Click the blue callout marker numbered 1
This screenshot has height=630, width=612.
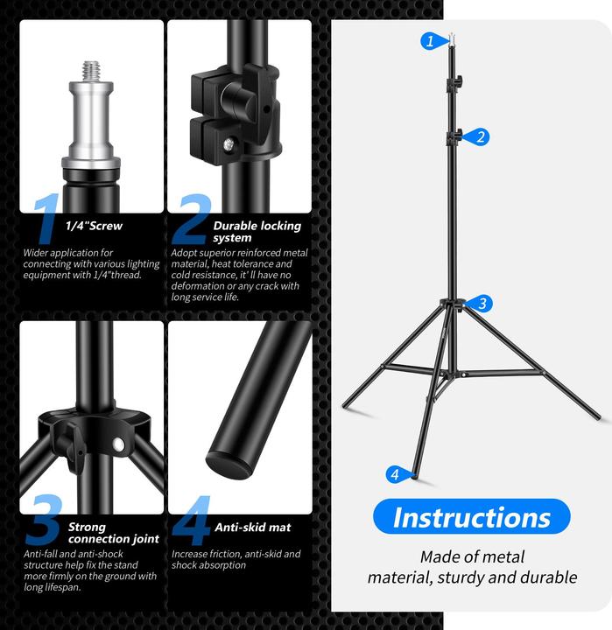(430, 40)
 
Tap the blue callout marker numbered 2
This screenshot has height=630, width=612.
(480, 136)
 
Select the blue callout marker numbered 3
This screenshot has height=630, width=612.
(481, 304)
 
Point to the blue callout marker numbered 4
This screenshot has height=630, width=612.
(396, 474)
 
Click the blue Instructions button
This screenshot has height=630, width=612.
(471, 517)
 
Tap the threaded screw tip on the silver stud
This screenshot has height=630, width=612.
(90, 68)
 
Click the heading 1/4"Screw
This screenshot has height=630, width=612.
(94, 226)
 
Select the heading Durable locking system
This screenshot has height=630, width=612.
(257, 231)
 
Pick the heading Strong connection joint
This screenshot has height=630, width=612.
(113, 533)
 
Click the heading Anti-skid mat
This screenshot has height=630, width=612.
(252, 528)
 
